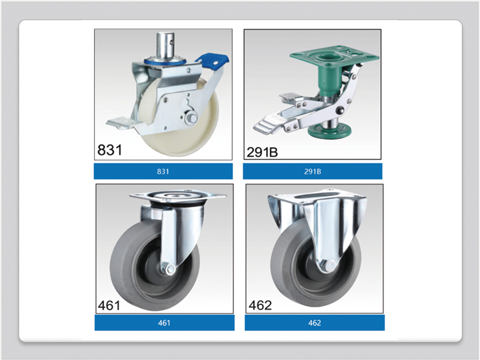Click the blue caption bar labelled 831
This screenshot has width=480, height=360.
point(163,171)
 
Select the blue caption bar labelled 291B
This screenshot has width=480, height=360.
point(312,171)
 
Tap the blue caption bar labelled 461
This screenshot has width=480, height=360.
point(164,322)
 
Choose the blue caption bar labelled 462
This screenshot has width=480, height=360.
point(314,322)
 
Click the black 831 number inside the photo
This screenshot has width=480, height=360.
point(109,150)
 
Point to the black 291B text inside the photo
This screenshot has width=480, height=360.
point(262,152)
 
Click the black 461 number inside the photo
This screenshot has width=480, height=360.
point(109,305)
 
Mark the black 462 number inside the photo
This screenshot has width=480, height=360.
point(260,305)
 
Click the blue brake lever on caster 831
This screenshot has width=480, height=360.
point(213,61)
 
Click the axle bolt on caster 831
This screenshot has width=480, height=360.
point(189,119)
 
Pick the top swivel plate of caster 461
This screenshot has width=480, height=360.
point(177,197)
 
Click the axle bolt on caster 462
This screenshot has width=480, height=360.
point(328,265)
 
